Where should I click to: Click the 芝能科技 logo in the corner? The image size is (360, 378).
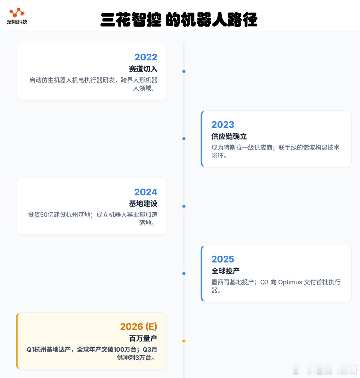tap(17, 16)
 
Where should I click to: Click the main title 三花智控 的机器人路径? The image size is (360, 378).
tap(179, 20)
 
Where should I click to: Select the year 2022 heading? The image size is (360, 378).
tap(146, 57)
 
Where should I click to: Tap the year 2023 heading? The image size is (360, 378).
tap(223, 125)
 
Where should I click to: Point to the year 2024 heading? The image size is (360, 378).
tap(146, 192)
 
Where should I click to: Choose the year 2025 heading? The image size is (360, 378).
tap(223, 259)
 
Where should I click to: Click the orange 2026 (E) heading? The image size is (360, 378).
tap(139, 327)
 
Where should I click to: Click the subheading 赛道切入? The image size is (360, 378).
tap(143, 69)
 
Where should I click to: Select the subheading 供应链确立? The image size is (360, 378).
tap(229, 136)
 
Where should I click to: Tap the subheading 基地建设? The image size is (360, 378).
tap(143, 204)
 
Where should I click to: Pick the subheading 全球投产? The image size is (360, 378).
tap(226, 271)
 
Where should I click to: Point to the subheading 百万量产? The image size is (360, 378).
tap(143, 339)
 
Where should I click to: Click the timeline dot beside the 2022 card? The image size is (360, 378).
tap(184, 71)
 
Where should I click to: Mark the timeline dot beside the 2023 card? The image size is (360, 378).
tap(184, 139)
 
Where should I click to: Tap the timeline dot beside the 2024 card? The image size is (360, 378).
tap(184, 206)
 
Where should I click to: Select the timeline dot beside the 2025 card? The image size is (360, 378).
tap(184, 273)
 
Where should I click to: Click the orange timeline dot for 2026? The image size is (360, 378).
tap(184, 341)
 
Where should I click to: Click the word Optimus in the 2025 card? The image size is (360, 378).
tap(290, 282)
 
